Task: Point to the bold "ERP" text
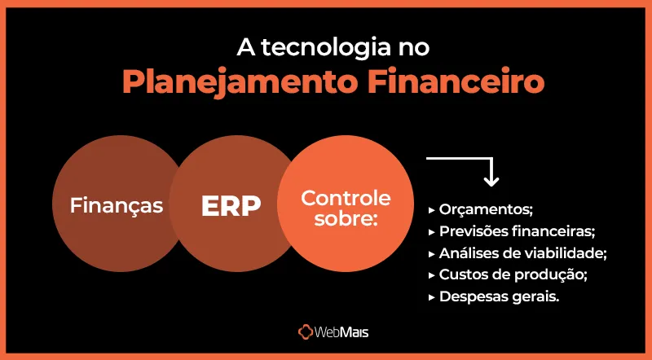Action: [x=231, y=206]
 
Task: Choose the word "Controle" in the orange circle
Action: [x=346, y=197]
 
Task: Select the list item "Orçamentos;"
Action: [x=485, y=209]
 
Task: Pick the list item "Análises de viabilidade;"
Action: [x=523, y=252]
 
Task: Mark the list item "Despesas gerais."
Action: [x=499, y=296]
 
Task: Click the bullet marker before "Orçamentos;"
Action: [x=431, y=210]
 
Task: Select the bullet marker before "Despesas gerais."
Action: [x=431, y=297]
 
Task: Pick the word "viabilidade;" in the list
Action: [x=570, y=252]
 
